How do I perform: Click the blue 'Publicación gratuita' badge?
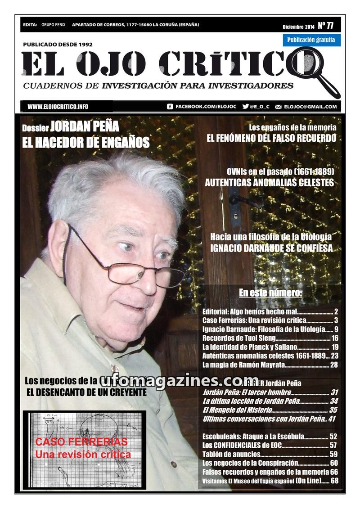[x=311, y=40]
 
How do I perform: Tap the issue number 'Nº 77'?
[x=329, y=25]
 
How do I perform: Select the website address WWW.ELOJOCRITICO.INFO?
[x=58, y=107]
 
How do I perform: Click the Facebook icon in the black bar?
[x=170, y=107]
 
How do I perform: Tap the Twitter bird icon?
[x=245, y=107]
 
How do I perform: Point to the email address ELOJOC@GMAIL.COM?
[x=310, y=107]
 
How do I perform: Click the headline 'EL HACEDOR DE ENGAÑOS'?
[x=85, y=143]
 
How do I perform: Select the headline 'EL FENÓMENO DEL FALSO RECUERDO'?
[x=271, y=138]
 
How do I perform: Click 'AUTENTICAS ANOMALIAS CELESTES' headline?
[x=269, y=183]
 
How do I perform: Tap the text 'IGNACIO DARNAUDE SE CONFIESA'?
[x=271, y=248]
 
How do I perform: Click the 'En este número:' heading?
[x=270, y=293]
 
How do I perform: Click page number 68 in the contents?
[x=334, y=481]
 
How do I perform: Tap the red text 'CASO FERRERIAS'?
[x=81, y=441]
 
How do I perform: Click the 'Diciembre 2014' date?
[x=298, y=27]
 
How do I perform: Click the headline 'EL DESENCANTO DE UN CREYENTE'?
[x=87, y=392]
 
